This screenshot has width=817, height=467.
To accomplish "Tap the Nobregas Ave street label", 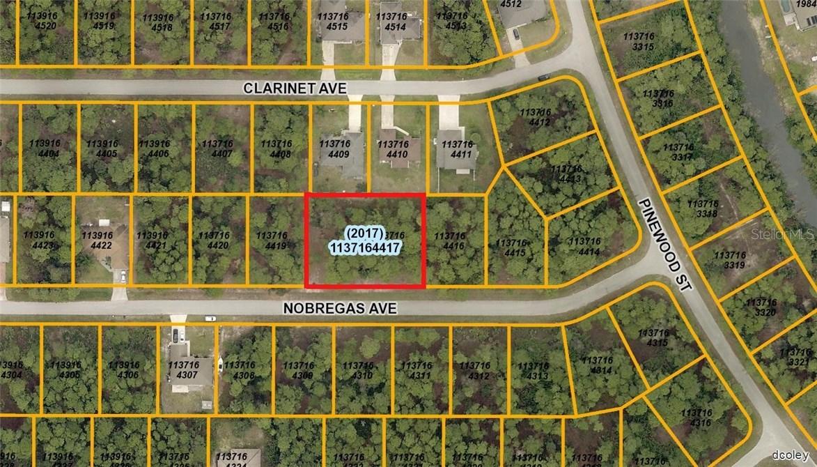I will [x=340, y=308].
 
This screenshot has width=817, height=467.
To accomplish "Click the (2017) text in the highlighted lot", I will [x=365, y=233].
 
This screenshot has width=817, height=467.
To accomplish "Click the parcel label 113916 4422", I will [x=97, y=240].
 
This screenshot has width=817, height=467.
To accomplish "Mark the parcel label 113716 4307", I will [x=184, y=369].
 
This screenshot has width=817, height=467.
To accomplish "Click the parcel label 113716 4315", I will [x=653, y=339].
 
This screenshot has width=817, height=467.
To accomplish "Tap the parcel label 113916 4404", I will [x=45, y=148].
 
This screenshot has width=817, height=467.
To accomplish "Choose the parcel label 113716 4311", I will [x=417, y=370].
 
